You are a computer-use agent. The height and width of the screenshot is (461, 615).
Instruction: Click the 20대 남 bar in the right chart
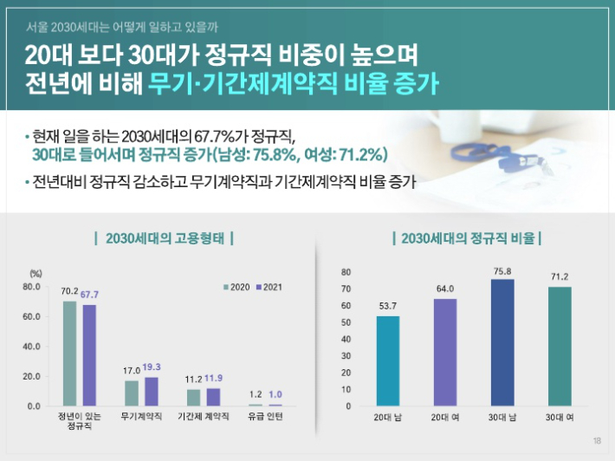[x=388, y=360]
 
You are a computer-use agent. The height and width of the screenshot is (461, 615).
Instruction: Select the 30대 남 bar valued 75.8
[x=503, y=342]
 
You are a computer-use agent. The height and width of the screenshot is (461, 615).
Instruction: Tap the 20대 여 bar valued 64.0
[x=445, y=352]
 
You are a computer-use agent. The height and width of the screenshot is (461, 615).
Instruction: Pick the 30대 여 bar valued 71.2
[x=560, y=346]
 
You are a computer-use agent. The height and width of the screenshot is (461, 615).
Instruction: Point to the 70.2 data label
[x=70, y=292]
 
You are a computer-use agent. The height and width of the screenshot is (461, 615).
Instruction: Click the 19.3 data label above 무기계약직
[x=152, y=367]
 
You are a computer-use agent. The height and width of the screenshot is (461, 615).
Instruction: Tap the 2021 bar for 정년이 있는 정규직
[x=89, y=355]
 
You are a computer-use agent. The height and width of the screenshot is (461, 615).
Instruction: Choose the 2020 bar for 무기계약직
[x=132, y=393]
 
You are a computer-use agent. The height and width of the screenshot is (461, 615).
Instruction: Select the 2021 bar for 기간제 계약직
[x=213, y=397]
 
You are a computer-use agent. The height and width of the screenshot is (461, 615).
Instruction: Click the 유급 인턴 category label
[x=265, y=417]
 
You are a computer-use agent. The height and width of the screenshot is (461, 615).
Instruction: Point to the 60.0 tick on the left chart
[x=31, y=316]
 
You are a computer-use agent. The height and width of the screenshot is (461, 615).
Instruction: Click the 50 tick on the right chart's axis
[x=346, y=322]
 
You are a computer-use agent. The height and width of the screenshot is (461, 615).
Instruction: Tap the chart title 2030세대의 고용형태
[x=164, y=237]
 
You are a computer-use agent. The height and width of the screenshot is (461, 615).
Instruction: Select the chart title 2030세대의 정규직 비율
[x=467, y=237]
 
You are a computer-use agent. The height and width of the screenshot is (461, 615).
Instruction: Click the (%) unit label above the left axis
[x=36, y=274]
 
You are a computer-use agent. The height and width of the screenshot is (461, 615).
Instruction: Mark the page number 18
[x=597, y=441]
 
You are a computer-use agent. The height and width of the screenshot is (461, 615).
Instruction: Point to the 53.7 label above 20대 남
[x=388, y=306]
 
